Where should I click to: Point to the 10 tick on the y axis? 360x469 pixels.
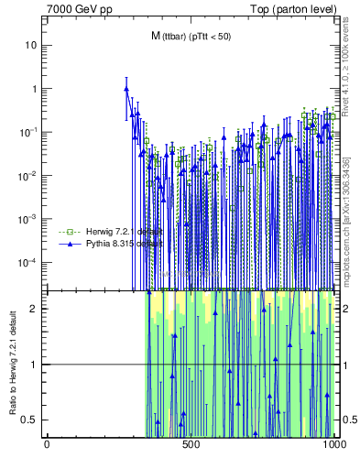pyautogui.click(x=32, y=45)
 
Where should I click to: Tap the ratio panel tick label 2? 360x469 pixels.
pyautogui.click(x=36, y=309)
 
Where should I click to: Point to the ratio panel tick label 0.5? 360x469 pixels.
pyautogui.click(x=32, y=420)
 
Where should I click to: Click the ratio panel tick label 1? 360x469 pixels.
pyautogui.click(x=36, y=365)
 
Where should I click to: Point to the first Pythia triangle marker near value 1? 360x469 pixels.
pyautogui.click(x=126, y=89)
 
